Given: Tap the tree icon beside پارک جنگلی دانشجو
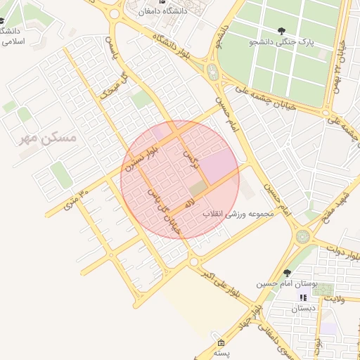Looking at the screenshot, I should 282,30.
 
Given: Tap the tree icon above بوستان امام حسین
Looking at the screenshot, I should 288,273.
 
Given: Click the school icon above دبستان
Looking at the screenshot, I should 304,297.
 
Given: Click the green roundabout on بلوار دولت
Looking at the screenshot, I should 303,237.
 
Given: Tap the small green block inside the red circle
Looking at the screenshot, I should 198,188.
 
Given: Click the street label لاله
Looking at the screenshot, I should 188,203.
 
